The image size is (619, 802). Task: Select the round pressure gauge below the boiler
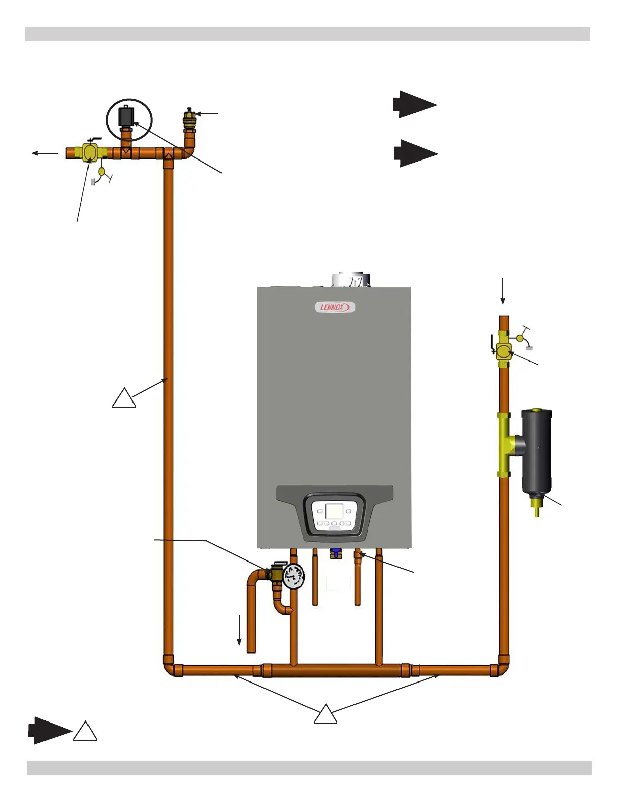pos(293,576)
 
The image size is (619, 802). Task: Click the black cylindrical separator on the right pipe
pos(537,451)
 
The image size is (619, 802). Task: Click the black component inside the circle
pos(125,116)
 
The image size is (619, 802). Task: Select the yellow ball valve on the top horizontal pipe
pos(90,152)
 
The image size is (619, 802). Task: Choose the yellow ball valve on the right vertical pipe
pos(503,350)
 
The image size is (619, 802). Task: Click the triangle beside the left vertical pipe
pos(124,399)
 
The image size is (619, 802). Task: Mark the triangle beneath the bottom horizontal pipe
pos(325,715)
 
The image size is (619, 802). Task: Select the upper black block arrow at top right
pos(415,105)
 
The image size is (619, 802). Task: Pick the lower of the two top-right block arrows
pos(416,153)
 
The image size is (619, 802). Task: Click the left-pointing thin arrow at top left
pos(45,153)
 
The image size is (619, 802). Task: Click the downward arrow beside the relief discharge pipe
pos(239,630)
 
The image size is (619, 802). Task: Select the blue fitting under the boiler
pos(335,553)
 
